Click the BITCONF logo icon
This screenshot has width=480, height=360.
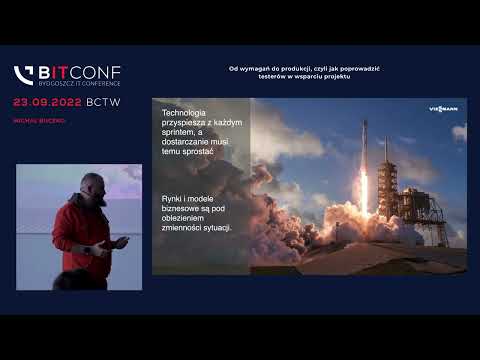point(24,75)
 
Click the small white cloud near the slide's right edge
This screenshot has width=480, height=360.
point(458,132)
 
